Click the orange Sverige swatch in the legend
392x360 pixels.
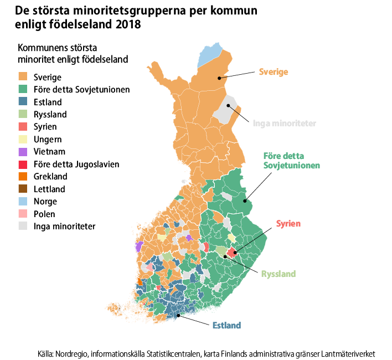[x=23, y=77]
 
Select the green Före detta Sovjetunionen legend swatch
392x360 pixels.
[x=23, y=89]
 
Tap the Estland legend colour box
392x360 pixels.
[x=23, y=102]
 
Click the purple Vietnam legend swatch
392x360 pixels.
[x=23, y=151]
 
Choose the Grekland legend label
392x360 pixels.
[x=50, y=177]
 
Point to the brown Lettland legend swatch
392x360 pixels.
[x=23, y=189]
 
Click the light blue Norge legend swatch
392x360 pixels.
[x=23, y=202]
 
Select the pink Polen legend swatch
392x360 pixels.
[x=23, y=214]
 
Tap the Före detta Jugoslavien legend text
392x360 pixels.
[x=76, y=164]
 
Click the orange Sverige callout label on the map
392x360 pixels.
[x=274, y=72]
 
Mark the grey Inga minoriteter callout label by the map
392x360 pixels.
[x=284, y=123]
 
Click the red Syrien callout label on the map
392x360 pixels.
[x=288, y=224]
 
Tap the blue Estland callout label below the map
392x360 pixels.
[x=226, y=325]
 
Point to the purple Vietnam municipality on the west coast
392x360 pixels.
[x=138, y=246]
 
